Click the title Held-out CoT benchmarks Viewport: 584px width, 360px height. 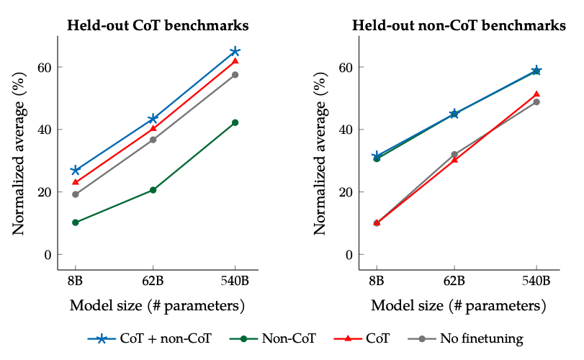pos(158,25)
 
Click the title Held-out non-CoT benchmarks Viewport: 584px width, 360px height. pos(459,25)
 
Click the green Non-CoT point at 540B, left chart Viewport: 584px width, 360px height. pos(235,122)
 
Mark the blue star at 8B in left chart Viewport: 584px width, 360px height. pos(75,170)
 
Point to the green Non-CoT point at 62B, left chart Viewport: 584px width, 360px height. pos(153,190)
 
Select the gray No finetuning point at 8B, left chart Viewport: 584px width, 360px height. pos(75,194)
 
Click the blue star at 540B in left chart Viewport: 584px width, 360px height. pos(235,52)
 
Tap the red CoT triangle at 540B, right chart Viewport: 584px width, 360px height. pos(536,94)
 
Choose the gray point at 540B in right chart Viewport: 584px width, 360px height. pos(536,102)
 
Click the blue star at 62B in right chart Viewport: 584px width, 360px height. pos(454,114)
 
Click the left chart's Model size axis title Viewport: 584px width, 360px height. pos(157,305)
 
